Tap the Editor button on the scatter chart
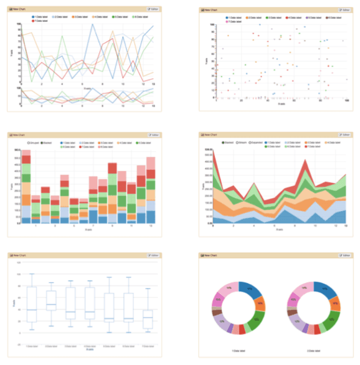pyautogui.click(x=345, y=10)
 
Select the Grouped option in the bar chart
pyautogui.click(x=35, y=143)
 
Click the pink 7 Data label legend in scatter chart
pyautogui.click(x=234, y=21)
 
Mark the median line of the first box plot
pyautogui.click(x=32, y=310)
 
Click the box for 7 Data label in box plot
pyautogui.click(x=148, y=320)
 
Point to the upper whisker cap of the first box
pyautogui.click(x=32, y=274)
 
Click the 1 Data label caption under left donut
pyautogui.click(x=236, y=351)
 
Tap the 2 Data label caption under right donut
pyautogui.click(x=314, y=351)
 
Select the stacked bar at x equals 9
pyautogui.click(x=112, y=193)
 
